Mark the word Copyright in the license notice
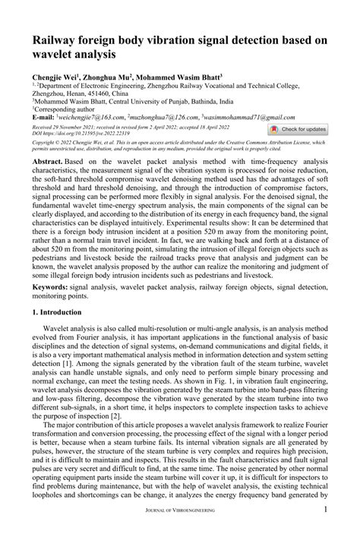[x=44, y=142]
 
